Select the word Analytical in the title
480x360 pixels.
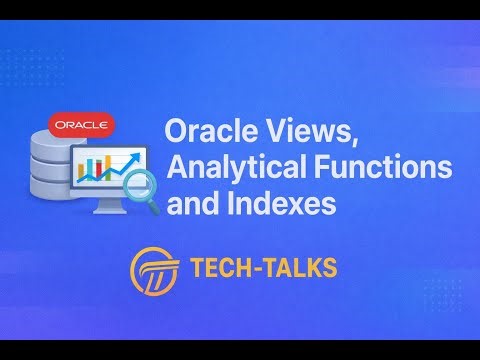[216, 168]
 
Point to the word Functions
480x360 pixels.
[334, 168]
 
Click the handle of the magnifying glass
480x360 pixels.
[155, 206]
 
